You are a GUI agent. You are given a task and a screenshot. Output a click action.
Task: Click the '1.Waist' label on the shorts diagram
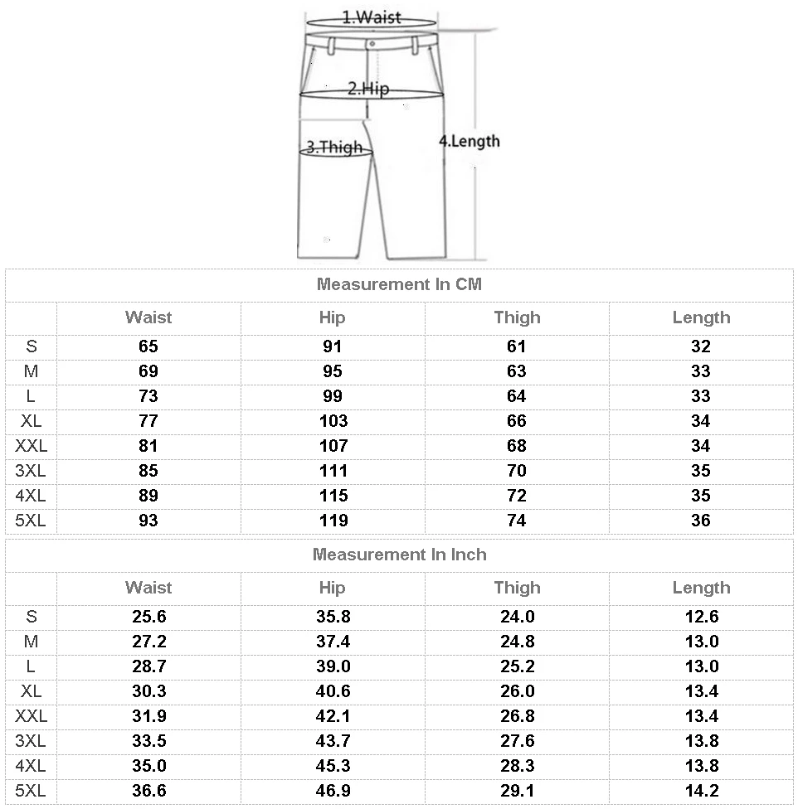point(371,17)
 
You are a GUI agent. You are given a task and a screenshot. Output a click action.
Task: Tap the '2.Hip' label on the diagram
point(367,89)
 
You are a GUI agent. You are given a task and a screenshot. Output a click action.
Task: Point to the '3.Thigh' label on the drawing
point(334,148)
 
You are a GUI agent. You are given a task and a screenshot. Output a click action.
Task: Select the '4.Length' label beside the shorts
point(470,141)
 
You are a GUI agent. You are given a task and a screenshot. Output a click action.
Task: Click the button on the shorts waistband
point(372,43)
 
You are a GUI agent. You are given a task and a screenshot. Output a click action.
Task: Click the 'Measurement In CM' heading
point(399,284)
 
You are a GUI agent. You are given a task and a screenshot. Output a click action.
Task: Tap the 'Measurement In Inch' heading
point(399,555)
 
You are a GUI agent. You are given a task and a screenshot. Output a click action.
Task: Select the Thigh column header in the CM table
point(517,317)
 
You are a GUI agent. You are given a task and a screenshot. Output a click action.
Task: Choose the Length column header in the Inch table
point(701,588)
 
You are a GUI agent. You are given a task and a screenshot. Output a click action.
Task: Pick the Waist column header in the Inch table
point(148,588)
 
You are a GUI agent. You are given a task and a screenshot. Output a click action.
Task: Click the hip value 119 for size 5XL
point(333,521)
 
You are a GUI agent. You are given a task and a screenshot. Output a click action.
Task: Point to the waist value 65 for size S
point(148,346)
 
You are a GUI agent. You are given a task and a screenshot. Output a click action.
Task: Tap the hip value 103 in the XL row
point(333,421)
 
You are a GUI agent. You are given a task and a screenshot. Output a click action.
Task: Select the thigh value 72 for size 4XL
point(517,496)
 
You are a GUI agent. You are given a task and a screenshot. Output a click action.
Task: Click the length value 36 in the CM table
point(701,521)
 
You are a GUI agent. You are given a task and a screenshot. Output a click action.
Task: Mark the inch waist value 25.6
point(148,617)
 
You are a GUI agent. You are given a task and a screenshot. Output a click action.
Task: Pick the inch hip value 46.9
point(333,791)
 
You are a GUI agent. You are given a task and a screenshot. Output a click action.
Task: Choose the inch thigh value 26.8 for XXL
point(517,716)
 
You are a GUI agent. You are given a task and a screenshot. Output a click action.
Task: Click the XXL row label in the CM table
point(32,446)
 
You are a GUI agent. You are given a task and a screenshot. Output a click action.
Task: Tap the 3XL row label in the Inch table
point(32,741)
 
